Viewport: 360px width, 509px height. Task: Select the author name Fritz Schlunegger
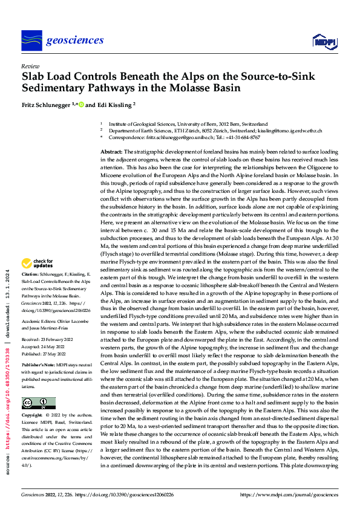tap(47, 105)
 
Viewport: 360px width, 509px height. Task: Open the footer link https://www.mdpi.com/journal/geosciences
tap(289, 495)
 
